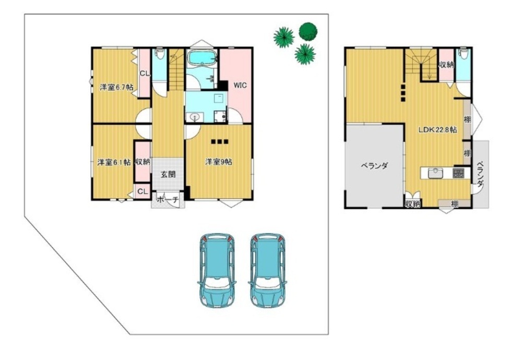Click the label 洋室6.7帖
click(117, 88)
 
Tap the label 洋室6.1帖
click(114, 162)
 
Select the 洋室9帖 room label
click(219, 162)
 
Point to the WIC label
click(240, 85)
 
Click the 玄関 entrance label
click(168, 174)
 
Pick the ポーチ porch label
click(167, 200)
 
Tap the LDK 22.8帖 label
click(437, 130)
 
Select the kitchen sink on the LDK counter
click(435, 173)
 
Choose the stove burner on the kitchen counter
click(458, 173)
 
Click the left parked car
click(217, 270)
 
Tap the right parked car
click(268, 270)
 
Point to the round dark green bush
click(308, 32)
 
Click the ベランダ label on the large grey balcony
click(374, 166)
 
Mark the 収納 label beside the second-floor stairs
click(446, 65)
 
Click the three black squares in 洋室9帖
click(220, 142)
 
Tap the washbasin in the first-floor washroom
click(194, 117)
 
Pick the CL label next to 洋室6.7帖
click(144, 74)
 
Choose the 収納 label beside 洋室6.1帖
click(143, 162)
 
